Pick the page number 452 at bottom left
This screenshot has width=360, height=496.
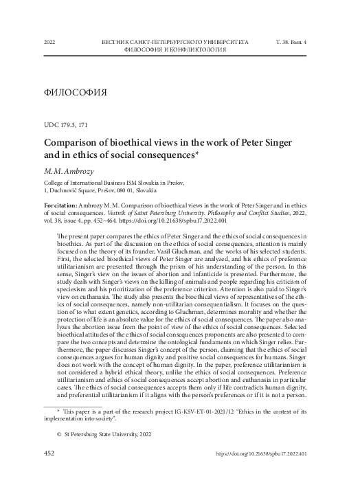pyautogui.click(x=49, y=473)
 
